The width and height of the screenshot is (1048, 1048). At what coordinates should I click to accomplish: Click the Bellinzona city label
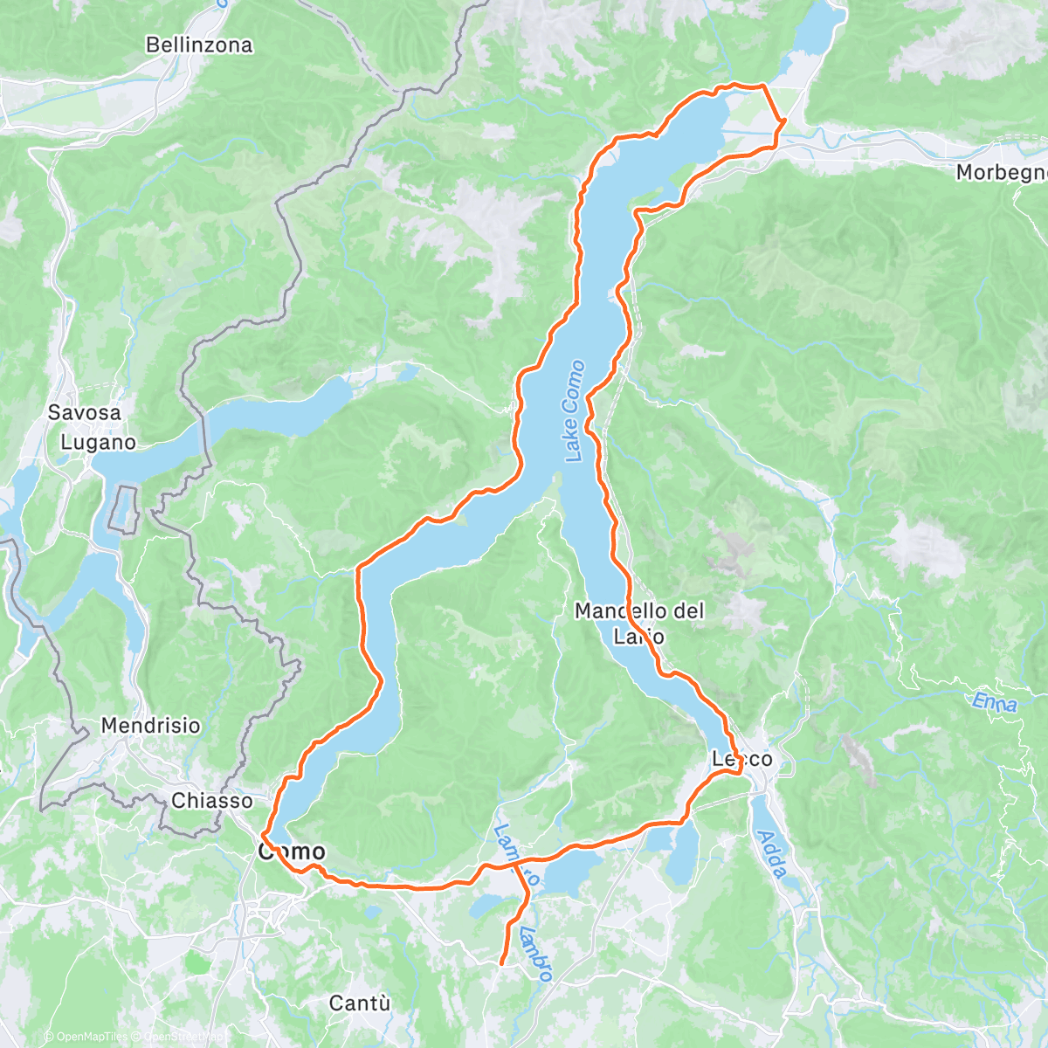coord(199,45)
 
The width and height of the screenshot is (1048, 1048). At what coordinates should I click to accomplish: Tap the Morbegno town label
coord(1001,172)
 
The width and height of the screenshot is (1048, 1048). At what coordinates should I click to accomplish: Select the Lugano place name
coord(98,442)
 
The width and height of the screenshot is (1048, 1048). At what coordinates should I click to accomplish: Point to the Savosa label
coord(85,412)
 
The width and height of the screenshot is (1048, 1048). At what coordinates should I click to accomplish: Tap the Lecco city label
coord(741,759)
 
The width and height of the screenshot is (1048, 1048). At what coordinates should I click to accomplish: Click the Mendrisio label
coord(150,725)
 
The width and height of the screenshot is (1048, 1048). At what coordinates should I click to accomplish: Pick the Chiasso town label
coord(212,800)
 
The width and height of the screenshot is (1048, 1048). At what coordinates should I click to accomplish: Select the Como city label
coord(292,851)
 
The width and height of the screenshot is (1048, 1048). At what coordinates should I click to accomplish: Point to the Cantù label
coord(359,1003)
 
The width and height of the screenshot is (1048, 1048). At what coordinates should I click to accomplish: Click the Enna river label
coord(995,701)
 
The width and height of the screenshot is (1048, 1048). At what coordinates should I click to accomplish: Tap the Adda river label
coord(772,853)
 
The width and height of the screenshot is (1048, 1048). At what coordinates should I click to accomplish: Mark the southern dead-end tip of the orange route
coord(501,963)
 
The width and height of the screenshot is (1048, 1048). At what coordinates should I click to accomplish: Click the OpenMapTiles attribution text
coord(86,1037)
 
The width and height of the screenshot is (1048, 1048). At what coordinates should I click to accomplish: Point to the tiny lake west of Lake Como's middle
coord(406,374)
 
